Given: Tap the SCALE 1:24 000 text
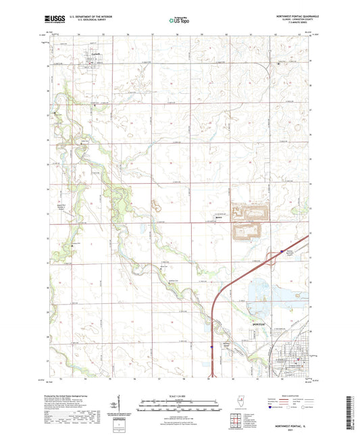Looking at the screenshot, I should coord(180,395).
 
